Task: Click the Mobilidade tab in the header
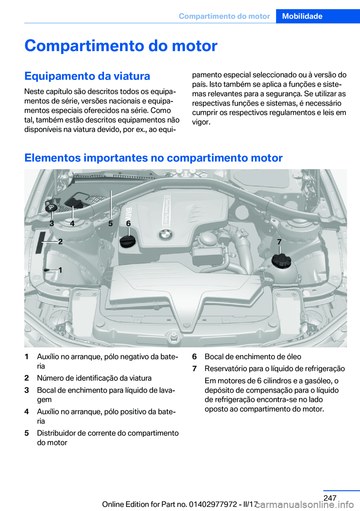point(302,16)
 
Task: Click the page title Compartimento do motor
point(121,46)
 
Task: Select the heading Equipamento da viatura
point(87,76)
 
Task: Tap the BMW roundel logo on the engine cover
point(165,235)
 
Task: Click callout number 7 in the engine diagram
point(279,242)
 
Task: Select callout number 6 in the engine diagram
point(128,223)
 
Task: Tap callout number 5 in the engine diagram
point(111,223)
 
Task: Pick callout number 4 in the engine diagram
point(72,223)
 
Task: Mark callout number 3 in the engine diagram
point(52,223)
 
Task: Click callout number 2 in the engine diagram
point(60,242)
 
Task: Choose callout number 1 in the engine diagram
point(60,270)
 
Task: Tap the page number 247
point(330,498)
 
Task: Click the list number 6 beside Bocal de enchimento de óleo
point(194,357)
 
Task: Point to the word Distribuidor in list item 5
point(56,433)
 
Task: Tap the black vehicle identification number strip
point(40,242)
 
